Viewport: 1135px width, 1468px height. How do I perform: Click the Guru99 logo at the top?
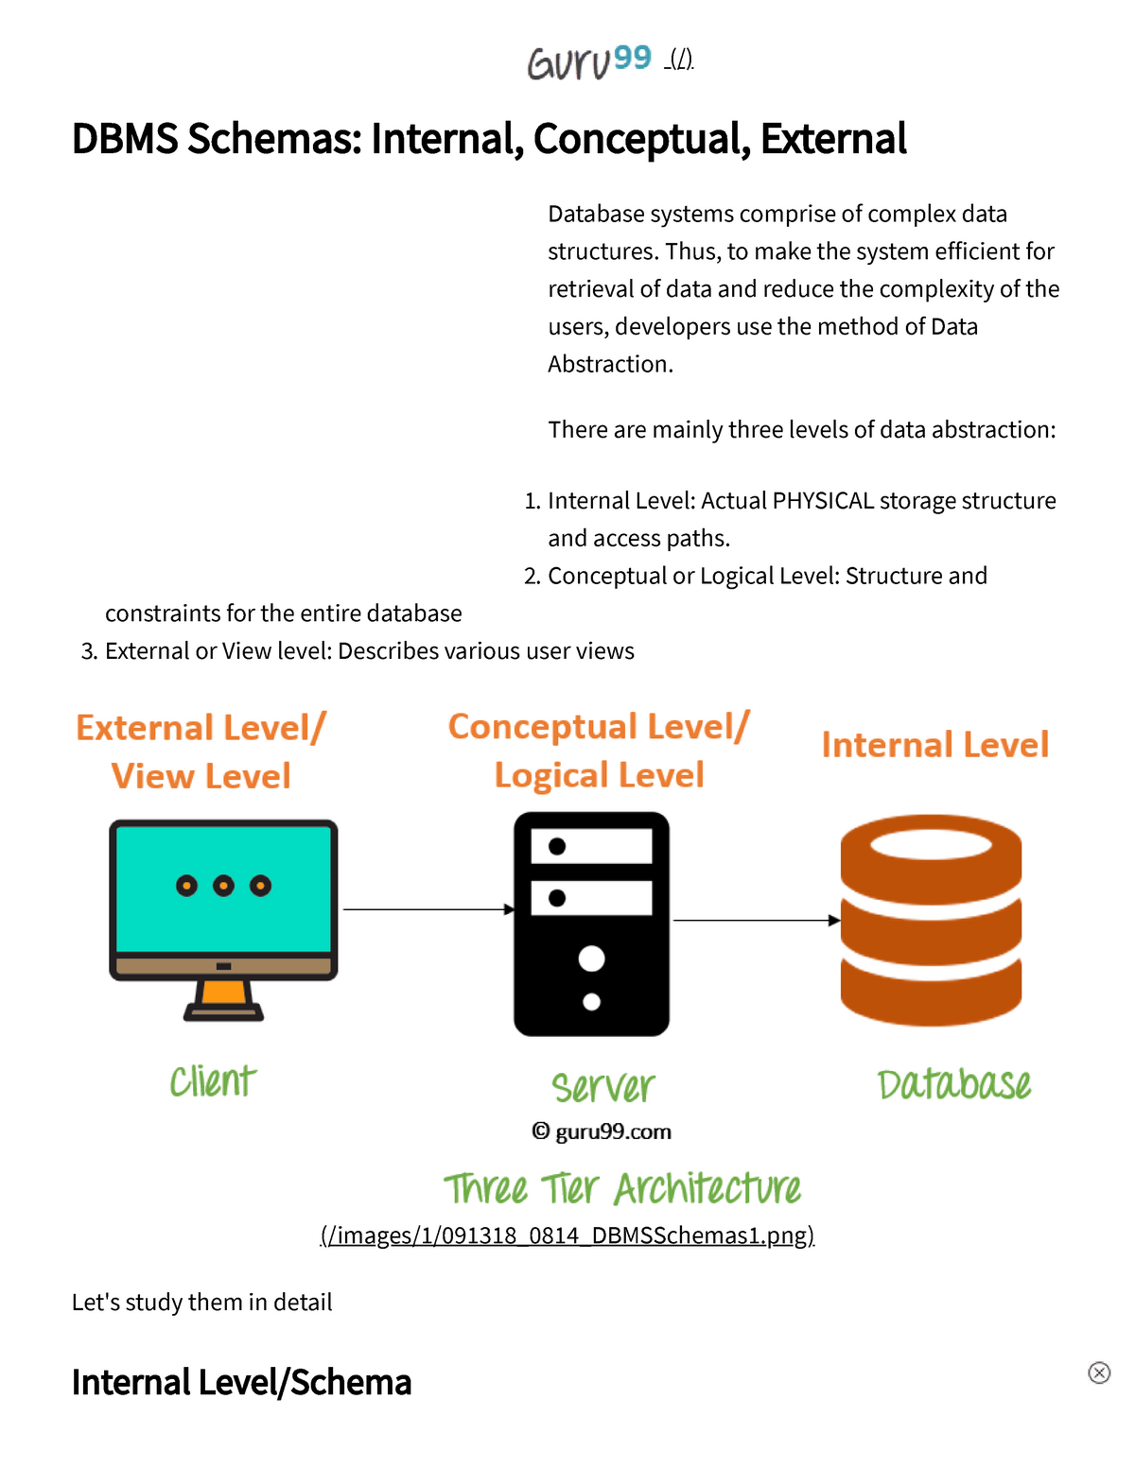click(x=589, y=62)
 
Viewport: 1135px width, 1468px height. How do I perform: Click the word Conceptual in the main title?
click(x=641, y=139)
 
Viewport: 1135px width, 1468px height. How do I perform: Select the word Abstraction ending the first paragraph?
click(x=610, y=364)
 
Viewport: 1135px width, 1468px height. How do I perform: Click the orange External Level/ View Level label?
click(x=201, y=751)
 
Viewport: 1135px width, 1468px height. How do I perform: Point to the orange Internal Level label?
click(x=934, y=745)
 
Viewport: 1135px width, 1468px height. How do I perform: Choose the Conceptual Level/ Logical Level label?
click(x=599, y=751)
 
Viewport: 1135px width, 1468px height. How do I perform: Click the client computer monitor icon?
click(x=223, y=920)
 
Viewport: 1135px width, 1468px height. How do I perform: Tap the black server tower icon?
click(x=591, y=924)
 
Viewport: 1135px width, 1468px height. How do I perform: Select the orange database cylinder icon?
click(x=931, y=920)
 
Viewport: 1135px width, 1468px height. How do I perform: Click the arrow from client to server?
click(x=428, y=909)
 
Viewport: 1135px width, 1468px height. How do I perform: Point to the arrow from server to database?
click(x=757, y=920)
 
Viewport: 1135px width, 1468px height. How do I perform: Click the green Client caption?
click(x=213, y=1081)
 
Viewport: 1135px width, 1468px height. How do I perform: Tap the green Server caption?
click(x=603, y=1087)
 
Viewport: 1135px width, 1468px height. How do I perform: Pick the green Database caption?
click(x=954, y=1083)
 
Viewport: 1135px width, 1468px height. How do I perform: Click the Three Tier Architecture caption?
click(x=622, y=1189)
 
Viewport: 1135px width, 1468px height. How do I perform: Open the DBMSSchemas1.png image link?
click(x=567, y=1235)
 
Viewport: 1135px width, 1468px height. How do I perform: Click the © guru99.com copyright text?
click(x=601, y=1131)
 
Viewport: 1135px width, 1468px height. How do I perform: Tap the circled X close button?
click(x=1099, y=1373)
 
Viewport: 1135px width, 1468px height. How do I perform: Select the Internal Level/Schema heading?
click(x=241, y=1382)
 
